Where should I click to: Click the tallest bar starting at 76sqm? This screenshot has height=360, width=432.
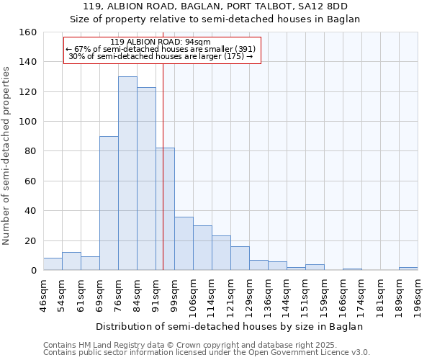(x=127, y=174)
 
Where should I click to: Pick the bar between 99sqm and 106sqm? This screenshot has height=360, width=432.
(x=184, y=243)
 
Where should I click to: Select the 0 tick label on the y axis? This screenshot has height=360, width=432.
(x=33, y=271)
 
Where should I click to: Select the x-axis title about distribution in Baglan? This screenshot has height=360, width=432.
(x=229, y=326)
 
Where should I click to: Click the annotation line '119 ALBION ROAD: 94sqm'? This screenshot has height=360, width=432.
(x=161, y=42)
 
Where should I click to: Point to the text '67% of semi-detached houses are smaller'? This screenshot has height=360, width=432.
(x=161, y=49)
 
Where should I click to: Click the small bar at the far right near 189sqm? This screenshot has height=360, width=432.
(x=408, y=269)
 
